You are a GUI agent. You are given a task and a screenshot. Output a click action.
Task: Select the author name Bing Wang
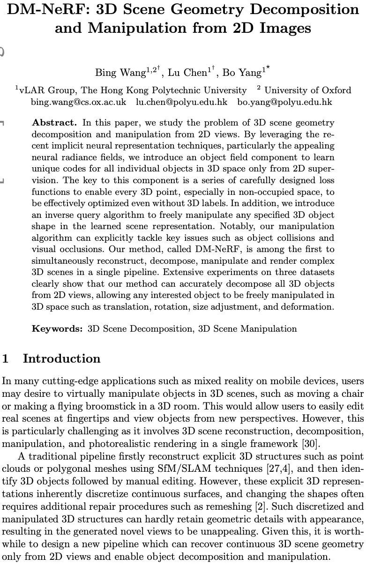120,73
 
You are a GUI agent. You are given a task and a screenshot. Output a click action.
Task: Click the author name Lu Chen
187,73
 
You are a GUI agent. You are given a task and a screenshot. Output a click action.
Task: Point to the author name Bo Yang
242,73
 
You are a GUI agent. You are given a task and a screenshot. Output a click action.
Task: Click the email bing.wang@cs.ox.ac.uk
78,102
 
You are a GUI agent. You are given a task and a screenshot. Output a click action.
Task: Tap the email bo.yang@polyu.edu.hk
284,102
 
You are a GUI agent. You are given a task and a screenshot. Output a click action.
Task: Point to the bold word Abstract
54,123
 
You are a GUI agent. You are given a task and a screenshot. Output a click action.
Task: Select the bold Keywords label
57,328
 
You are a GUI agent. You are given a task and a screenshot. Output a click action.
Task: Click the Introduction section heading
61,359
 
